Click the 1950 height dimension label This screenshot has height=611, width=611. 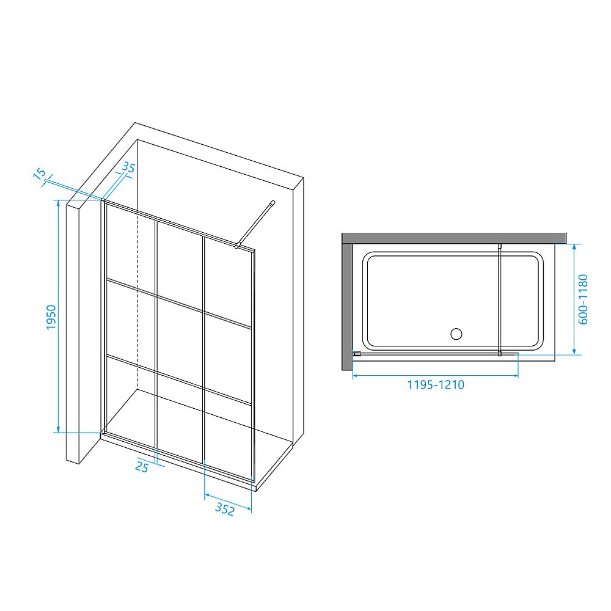tap(51, 317)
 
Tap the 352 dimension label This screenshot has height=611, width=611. tap(225, 508)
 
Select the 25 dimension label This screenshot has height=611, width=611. tap(142, 466)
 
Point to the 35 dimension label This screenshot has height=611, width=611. tap(128, 167)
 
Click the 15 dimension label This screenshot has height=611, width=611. tap(39, 174)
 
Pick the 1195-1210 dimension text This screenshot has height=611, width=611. tap(436, 385)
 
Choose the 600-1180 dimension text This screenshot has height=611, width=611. tap(582, 299)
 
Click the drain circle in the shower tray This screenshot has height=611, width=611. tap(456, 334)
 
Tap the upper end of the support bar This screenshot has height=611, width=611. tap(273, 202)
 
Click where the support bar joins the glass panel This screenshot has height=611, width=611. tap(236, 246)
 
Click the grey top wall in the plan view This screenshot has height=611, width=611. tap(454, 238)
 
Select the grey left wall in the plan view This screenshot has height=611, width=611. tap(347, 307)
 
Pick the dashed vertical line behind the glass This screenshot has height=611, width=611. tap(137, 299)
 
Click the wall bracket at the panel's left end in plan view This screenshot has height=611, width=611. tap(357, 354)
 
